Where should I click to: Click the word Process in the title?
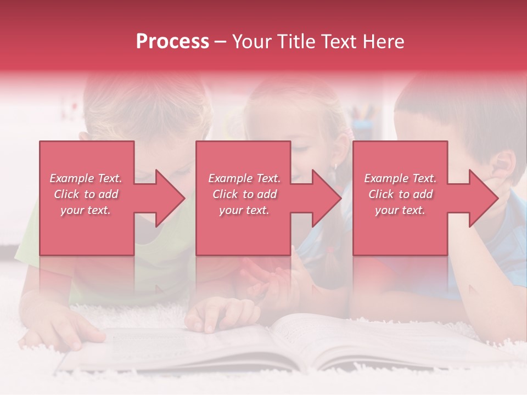[172, 42]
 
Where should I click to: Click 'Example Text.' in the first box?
[86, 178]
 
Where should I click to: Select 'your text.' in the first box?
[86, 210]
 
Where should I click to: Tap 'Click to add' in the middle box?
[244, 194]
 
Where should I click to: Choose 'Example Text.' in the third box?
[400, 178]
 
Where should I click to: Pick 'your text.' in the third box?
[400, 210]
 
